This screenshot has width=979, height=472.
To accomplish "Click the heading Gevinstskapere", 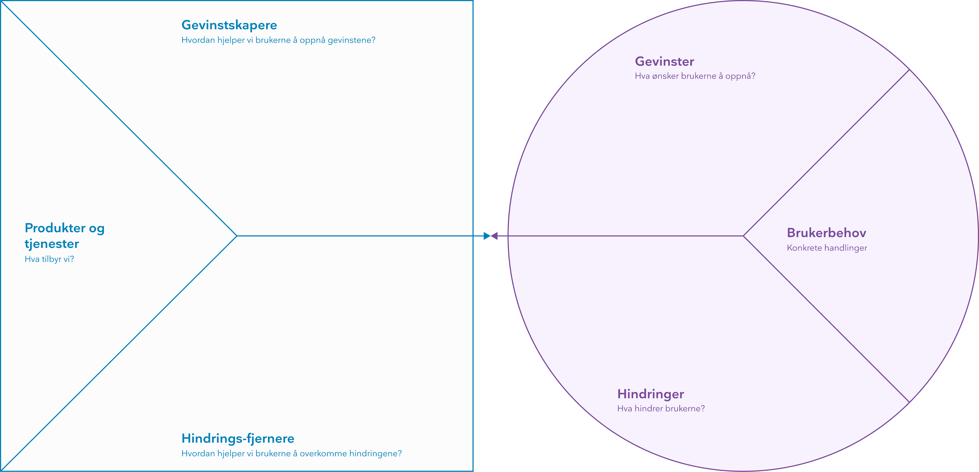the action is (x=229, y=25).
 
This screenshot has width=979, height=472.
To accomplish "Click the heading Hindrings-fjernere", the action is (x=238, y=438).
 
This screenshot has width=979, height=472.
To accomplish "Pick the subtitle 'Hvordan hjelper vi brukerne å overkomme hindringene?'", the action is (x=291, y=453).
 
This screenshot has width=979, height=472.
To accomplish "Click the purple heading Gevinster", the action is (x=664, y=62).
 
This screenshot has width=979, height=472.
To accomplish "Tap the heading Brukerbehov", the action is (x=827, y=233).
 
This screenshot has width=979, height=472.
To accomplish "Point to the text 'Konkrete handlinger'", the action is (x=827, y=248).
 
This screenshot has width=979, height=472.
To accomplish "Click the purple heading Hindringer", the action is (x=651, y=394).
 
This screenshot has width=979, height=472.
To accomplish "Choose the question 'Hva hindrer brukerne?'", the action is (x=661, y=409).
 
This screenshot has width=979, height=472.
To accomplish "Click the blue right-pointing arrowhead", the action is (x=487, y=236).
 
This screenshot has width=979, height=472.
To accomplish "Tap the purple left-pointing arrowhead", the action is (x=494, y=236).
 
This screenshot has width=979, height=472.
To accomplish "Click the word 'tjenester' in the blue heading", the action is (x=52, y=244).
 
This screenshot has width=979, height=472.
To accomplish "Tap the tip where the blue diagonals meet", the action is (x=237, y=236).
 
